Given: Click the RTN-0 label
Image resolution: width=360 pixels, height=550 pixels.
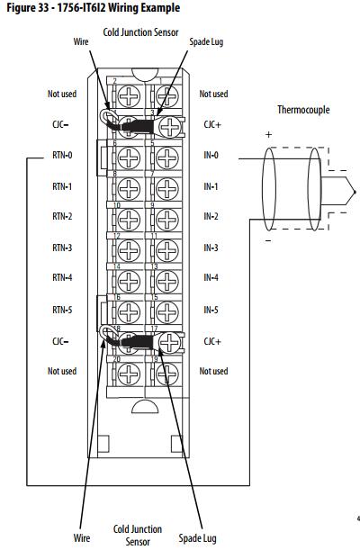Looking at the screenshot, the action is point(62,155).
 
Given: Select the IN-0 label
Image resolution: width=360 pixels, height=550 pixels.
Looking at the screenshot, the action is point(211,155).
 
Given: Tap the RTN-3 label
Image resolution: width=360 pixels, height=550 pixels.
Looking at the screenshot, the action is point(62,248).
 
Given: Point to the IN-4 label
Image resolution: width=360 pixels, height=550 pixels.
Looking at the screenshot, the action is point(211,278).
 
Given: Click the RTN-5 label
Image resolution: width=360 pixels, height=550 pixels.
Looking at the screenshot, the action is point(62,310).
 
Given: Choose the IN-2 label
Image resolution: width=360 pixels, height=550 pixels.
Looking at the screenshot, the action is point(211,216).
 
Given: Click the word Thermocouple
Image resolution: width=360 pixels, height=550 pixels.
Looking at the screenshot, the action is point(303,110).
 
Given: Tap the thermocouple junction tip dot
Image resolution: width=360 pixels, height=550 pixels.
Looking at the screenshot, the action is point(355,192).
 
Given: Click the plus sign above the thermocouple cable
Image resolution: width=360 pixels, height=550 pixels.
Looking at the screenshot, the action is point(268,134).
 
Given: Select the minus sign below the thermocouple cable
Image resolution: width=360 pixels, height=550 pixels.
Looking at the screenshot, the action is point(268,240).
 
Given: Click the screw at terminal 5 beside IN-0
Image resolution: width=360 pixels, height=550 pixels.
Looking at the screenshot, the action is point(167,158).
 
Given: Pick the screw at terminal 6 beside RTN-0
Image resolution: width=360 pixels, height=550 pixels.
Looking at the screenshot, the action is point(130,158).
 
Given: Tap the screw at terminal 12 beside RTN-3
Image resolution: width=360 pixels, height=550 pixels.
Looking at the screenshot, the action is point(130,250).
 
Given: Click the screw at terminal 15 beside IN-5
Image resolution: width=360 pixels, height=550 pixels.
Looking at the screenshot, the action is point(167,312).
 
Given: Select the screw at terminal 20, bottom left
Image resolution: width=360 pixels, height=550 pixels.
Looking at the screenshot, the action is point(130,374).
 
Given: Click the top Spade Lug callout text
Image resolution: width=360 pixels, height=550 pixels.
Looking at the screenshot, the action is point(206,42).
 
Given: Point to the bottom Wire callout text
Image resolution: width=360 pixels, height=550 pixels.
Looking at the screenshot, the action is point(82,537).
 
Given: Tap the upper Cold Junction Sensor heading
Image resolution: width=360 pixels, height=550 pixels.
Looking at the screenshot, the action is point(140,32).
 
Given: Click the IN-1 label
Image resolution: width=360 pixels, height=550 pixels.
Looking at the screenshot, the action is point(211,186).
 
